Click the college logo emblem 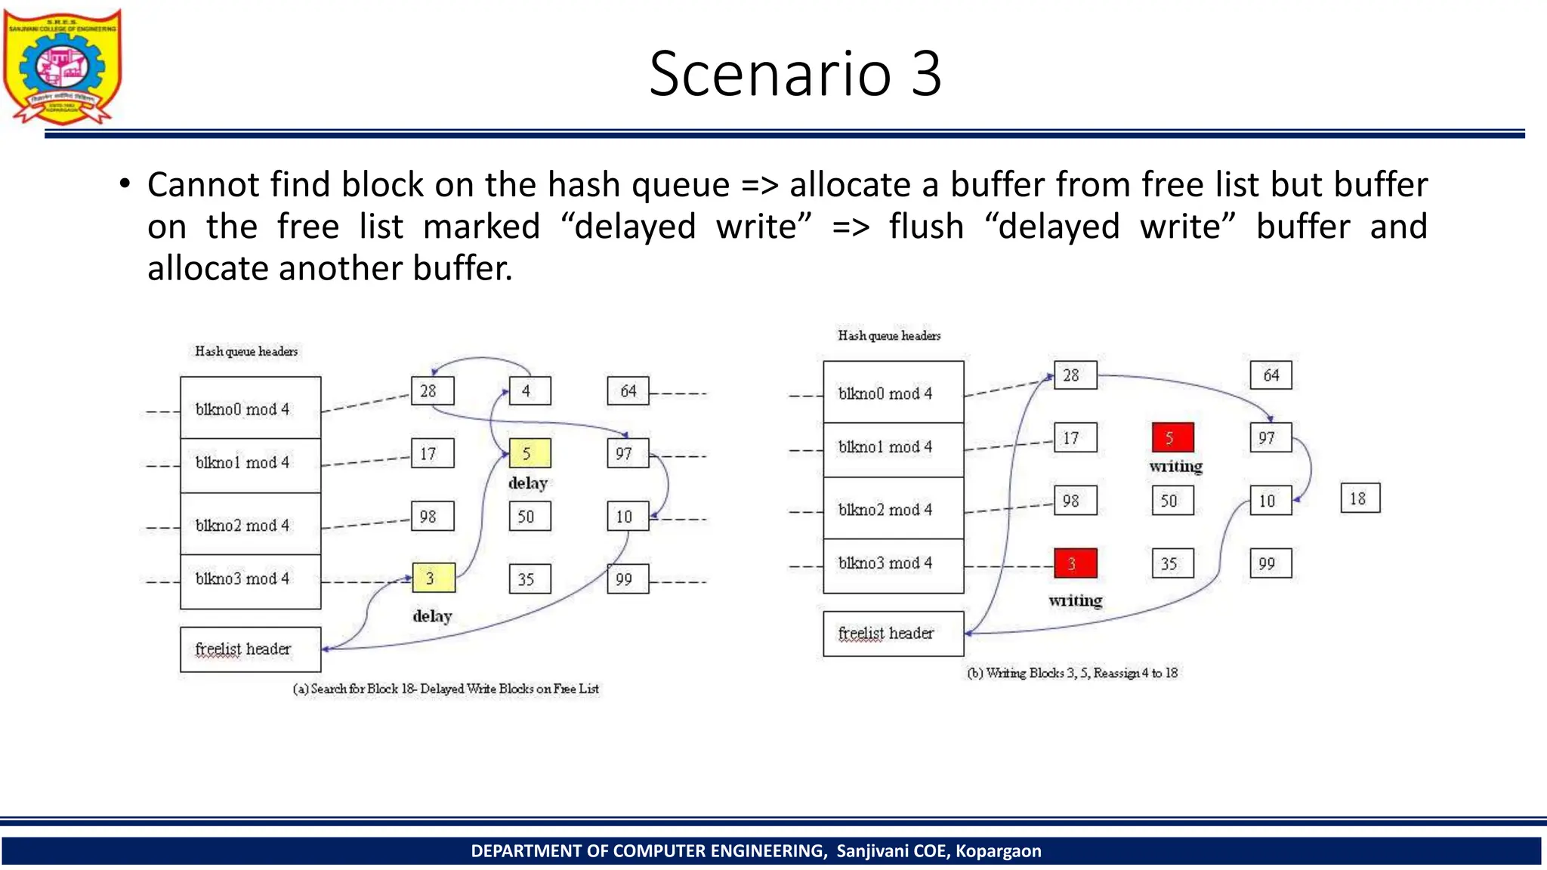(63, 66)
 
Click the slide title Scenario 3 (795, 74)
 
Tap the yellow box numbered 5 (530, 453)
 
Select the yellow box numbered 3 (433, 578)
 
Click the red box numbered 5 (1172, 437)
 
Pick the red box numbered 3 (1075, 563)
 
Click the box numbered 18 (1360, 498)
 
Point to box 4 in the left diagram (530, 391)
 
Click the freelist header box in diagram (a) (250, 649)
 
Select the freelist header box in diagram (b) (893, 633)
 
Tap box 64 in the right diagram (1271, 375)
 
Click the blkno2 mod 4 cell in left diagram (250, 525)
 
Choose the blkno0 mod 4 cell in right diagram (893, 393)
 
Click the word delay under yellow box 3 (432, 616)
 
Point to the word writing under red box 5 (1175, 466)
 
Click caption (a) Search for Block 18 (446, 689)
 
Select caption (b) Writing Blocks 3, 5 (1073, 673)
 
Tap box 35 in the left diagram (530, 579)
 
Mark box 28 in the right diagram (1075, 375)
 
